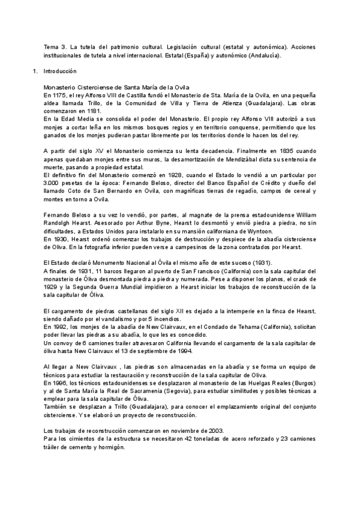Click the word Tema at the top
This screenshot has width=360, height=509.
(51, 47)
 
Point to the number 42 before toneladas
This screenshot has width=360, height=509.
(191, 439)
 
